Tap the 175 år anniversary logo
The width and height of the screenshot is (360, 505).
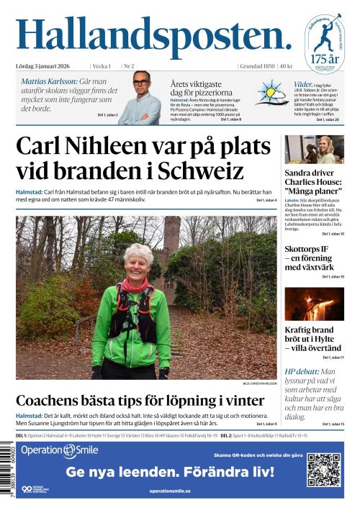click(323, 43)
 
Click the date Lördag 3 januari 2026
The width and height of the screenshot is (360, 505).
click(48, 66)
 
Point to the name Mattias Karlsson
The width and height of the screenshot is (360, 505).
click(48, 81)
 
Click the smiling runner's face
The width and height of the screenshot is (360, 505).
click(138, 261)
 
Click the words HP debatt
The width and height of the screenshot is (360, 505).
click(302, 372)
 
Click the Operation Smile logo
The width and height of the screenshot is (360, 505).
click(59, 450)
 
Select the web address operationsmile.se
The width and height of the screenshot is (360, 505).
click(170, 491)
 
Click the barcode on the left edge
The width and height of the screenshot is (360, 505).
click(7, 471)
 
